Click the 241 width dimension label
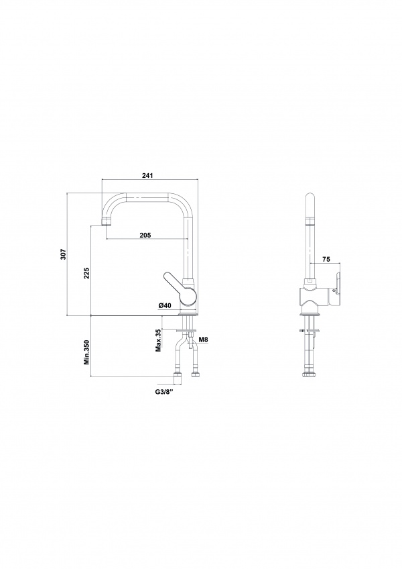[147, 176]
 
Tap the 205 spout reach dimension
[145, 235]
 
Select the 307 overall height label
[63, 254]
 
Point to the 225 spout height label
[86, 273]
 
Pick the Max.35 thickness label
[158, 340]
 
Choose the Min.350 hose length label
[86, 352]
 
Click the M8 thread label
[204, 340]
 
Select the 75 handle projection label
[326, 259]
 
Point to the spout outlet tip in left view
[105, 221]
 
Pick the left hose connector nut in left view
[178, 378]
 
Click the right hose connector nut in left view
[196, 374]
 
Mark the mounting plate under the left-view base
[186, 330]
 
